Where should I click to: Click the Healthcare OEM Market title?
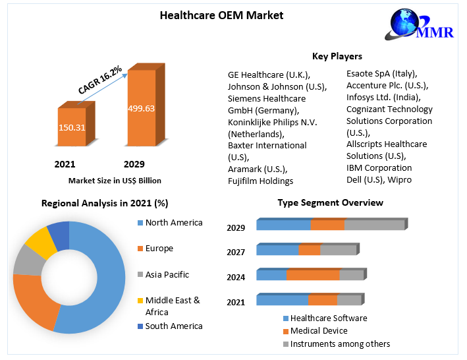(221, 15)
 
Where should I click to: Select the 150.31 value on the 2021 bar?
(72, 127)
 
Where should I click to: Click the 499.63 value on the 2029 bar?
(141, 108)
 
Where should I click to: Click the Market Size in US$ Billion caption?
(115, 180)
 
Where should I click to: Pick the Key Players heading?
(337, 56)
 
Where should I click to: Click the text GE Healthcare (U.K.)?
(268, 75)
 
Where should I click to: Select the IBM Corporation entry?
(379, 167)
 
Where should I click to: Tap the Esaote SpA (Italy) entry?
(381, 73)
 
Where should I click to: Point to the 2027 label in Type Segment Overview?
(236, 252)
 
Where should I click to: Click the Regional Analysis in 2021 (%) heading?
(105, 203)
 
